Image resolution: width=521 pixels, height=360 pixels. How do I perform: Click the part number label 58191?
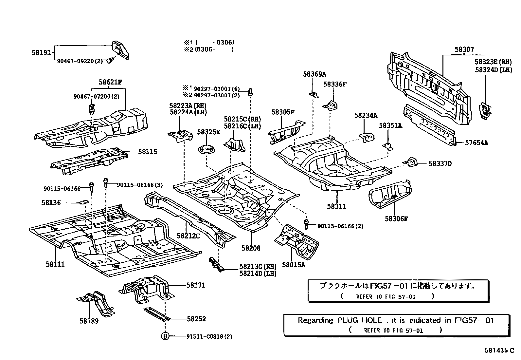pyautogui.click(x=41, y=52)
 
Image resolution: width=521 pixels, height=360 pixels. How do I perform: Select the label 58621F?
pyautogui.click(x=108, y=82)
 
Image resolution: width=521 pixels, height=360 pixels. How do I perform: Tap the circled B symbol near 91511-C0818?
pyautogui.click(x=166, y=336)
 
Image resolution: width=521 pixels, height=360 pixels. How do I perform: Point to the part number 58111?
pyautogui.click(x=55, y=264)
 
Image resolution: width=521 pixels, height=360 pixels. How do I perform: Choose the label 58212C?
pyautogui.click(x=188, y=236)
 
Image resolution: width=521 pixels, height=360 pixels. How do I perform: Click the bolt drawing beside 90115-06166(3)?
pyautogui.click(x=106, y=182)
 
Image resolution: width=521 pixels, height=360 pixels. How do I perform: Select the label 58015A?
pyautogui.click(x=294, y=265)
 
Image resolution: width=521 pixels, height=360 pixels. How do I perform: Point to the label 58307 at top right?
pyautogui.click(x=464, y=49)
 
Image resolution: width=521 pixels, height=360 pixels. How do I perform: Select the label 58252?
pyautogui.click(x=196, y=319)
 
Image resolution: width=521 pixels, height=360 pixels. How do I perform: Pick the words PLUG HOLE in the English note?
pyautogui.click(x=360, y=320)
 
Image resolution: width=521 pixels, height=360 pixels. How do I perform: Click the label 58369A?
pyautogui.click(x=314, y=74)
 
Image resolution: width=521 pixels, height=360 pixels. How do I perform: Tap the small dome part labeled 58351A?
pyautogui.click(x=388, y=146)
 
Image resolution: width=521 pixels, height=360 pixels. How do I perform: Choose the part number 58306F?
pyautogui.click(x=396, y=219)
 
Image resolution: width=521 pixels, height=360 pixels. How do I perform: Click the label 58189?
pyautogui.click(x=89, y=321)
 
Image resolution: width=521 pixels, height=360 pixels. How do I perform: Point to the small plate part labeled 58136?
pyautogui.click(x=84, y=202)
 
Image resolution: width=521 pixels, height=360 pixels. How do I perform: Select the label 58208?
pyautogui.click(x=251, y=248)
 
